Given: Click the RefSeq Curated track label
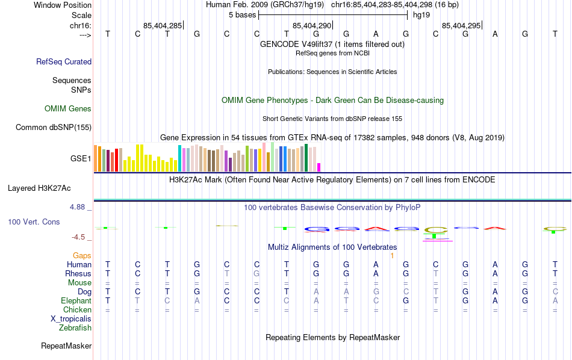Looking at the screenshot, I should point(64,61).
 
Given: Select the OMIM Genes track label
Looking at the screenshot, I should point(68,109).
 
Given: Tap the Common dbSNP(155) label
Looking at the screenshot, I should point(54,127).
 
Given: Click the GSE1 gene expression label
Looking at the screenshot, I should point(81,159).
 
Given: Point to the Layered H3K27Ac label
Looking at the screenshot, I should point(49,188).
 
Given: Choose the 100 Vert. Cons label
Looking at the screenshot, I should point(34,222).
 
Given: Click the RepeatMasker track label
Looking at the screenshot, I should point(66,346).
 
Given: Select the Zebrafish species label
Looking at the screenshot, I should point(75,328).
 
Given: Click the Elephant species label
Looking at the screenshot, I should point(76,301).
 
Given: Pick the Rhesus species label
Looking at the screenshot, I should point(78,274).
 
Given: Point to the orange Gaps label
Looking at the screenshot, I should point(82,256).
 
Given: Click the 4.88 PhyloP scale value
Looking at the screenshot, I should point(79,207).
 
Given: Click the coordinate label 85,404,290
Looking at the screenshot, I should point(312,26).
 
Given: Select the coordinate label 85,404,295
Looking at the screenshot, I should point(461,26).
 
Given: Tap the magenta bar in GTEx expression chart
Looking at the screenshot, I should point(319,167).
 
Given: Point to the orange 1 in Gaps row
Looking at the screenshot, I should point(392,256).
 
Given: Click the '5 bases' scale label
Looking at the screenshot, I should point(243,15).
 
